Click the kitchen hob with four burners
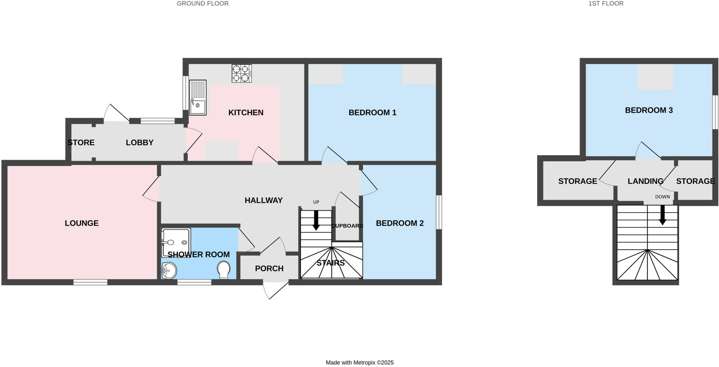click(x=242, y=73)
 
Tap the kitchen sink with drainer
click(x=198, y=98)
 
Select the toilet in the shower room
click(x=224, y=269)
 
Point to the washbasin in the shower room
click(x=169, y=270)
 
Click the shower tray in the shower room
click(x=176, y=242)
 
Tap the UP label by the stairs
click(x=316, y=202)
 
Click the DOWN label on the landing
click(x=662, y=197)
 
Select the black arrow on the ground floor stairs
click(x=316, y=220)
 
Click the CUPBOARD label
click(x=347, y=226)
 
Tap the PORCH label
click(x=269, y=268)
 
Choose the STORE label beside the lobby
click(x=81, y=142)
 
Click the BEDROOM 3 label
click(x=648, y=110)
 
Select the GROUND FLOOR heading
click(x=203, y=4)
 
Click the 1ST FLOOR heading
click(x=611, y=4)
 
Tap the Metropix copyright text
click(x=359, y=362)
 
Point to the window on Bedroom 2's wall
click(x=439, y=212)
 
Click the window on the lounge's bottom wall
click(x=90, y=282)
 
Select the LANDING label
click(x=645, y=181)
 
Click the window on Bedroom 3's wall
click(x=715, y=112)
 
